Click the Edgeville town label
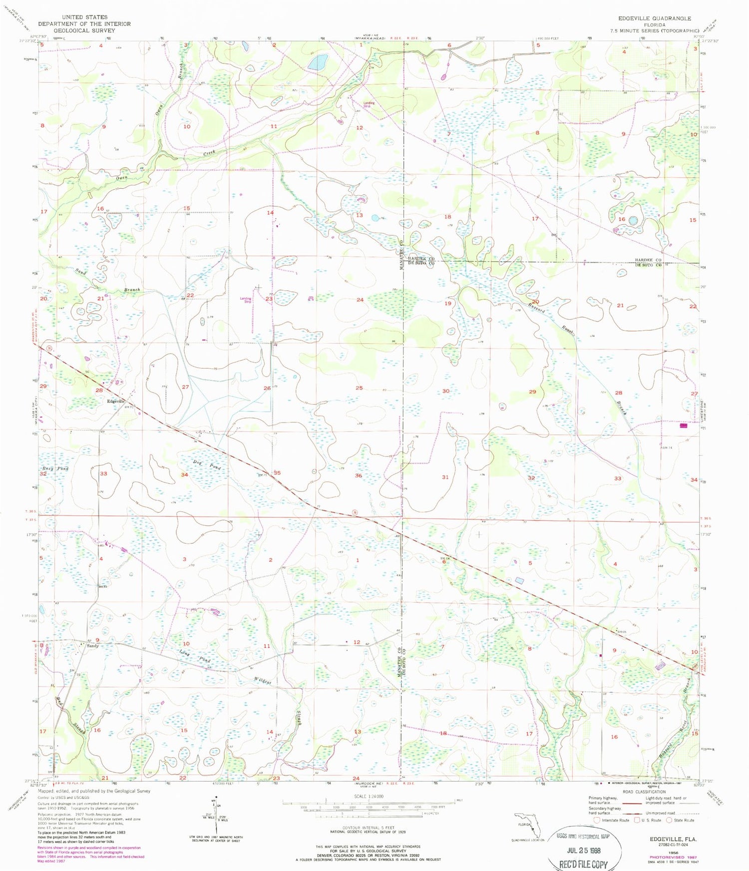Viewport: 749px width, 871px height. tap(115, 402)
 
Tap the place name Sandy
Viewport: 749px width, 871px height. tap(93, 646)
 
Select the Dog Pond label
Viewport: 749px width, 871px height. tap(207, 464)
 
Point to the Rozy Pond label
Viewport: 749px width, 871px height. tap(55, 468)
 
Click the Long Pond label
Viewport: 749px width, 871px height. tap(195, 656)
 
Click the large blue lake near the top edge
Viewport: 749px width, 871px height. tap(317, 63)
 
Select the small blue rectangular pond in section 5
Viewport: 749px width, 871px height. tap(520, 581)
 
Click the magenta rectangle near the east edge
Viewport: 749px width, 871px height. tap(683, 426)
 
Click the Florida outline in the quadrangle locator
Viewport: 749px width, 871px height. tap(527, 825)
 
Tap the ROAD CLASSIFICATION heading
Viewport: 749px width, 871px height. tap(644, 792)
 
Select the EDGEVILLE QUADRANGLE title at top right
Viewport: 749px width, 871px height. tap(654, 18)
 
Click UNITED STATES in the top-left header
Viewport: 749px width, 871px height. tap(84, 17)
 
